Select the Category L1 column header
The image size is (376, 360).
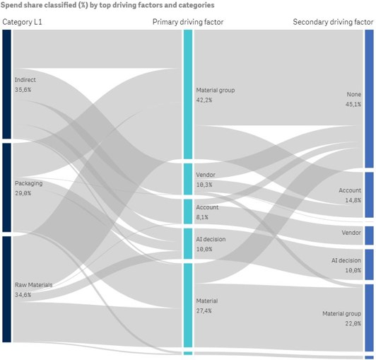click(x=23, y=22)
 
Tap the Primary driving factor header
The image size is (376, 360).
click(x=188, y=22)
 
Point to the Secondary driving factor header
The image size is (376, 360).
click(x=333, y=22)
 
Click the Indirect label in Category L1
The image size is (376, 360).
click(x=25, y=80)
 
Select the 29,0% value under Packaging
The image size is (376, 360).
click(x=23, y=193)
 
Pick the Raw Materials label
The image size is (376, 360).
click(x=33, y=285)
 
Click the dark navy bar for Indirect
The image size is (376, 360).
click(x=6, y=84)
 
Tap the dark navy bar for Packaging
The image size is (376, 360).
click(x=6, y=187)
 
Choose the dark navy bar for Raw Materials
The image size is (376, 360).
click(x=6, y=289)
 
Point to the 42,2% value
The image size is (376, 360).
click(x=204, y=100)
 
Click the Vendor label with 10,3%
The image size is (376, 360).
click(x=206, y=175)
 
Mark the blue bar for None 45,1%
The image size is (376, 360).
click(x=369, y=98)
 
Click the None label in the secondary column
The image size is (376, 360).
click(x=353, y=94)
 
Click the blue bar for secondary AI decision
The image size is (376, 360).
click(x=369, y=264)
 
